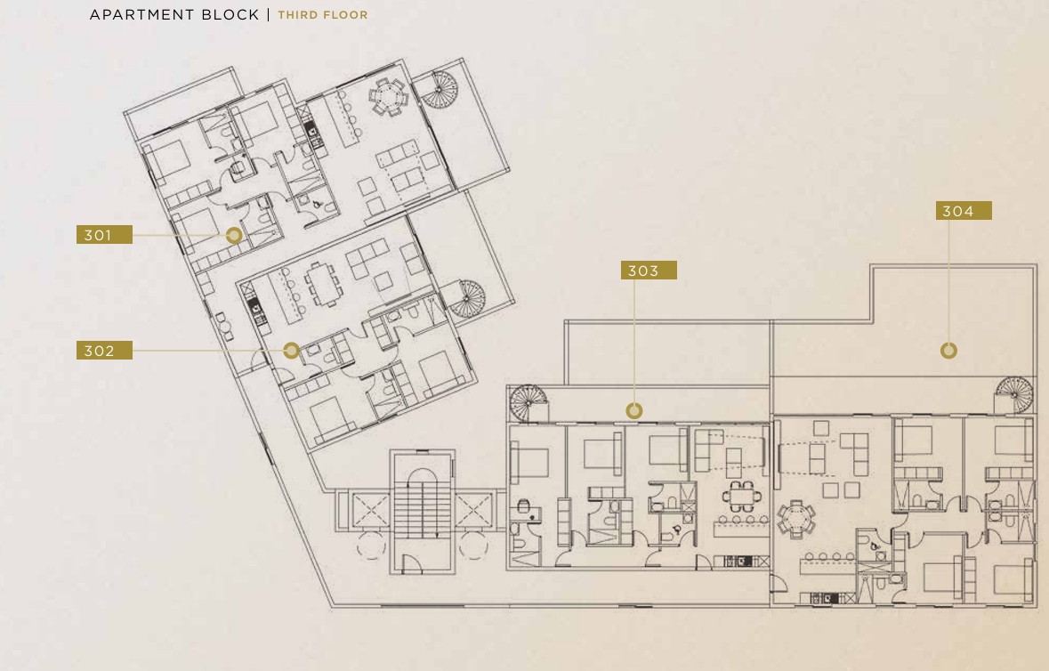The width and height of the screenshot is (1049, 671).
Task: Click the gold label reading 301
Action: (104, 235)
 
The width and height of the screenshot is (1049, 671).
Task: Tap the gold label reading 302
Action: (104, 351)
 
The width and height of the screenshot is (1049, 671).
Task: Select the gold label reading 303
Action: (649, 271)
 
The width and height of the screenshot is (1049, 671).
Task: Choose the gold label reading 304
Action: (964, 211)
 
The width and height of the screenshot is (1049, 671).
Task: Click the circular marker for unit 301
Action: (234, 236)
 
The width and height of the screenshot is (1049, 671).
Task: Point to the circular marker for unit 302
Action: (291, 350)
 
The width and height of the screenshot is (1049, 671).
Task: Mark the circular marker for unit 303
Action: (634, 411)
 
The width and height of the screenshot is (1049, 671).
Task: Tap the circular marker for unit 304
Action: (948, 351)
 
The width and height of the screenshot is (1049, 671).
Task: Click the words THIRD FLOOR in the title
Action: (323, 15)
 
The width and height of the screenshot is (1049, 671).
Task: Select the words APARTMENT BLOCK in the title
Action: (174, 15)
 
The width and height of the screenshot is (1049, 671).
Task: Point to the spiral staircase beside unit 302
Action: (465, 299)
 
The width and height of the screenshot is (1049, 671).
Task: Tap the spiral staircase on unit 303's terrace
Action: (529, 403)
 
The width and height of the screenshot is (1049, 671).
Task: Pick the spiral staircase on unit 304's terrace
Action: (1015, 395)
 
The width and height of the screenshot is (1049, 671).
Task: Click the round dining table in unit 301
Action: (388, 98)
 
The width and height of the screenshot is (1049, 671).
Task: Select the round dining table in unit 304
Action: (796, 519)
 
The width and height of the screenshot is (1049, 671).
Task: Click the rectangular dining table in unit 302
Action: (325, 284)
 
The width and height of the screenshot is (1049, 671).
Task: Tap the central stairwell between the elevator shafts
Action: (422, 512)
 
